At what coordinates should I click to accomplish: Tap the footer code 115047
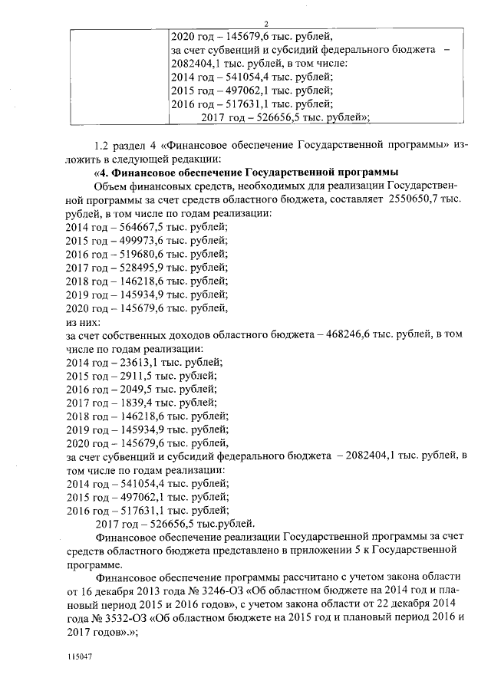click(x=77, y=658)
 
